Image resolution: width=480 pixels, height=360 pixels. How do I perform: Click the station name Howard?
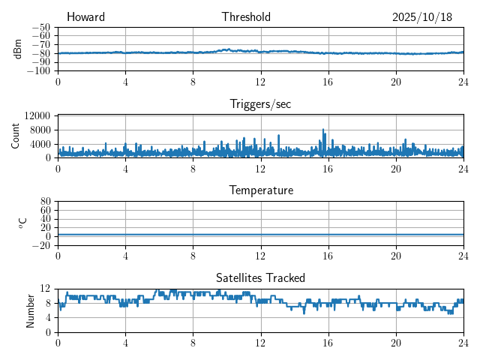point(85,17)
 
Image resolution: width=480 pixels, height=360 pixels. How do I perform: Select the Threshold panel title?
point(246,17)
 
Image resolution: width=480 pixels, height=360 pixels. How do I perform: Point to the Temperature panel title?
point(260,190)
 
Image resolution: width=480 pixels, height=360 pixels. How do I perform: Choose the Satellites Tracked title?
point(260,277)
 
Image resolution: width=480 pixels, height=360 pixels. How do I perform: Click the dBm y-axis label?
point(18,49)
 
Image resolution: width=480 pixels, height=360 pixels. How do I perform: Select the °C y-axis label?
point(22,223)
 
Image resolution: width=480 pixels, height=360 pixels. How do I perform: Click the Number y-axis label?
point(31,310)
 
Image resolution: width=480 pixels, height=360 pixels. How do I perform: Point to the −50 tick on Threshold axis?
point(40,27)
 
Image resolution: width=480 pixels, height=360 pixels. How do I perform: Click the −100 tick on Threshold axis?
point(38,71)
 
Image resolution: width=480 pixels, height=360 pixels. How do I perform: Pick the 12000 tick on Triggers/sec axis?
point(37,115)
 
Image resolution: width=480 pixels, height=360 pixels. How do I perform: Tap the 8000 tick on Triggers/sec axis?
point(39,129)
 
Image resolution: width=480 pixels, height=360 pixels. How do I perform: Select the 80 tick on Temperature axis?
point(45,201)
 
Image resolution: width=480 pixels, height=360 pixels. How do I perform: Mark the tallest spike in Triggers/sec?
point(323,130)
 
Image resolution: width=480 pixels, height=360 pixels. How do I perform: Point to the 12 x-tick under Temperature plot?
point(260,256)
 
